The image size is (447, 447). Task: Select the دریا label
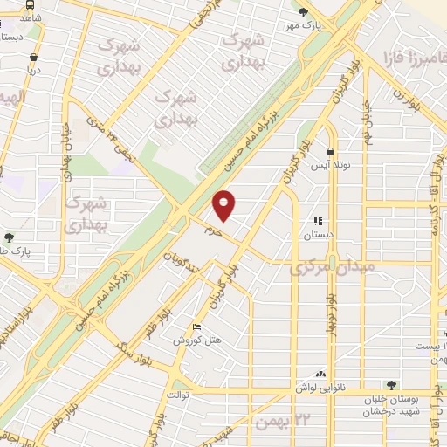pos(34,67)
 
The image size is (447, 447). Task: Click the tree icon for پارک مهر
pos(303,12)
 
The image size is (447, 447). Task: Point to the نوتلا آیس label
pos(331,165)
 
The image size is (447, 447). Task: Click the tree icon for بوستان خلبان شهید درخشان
pos(390,386)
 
